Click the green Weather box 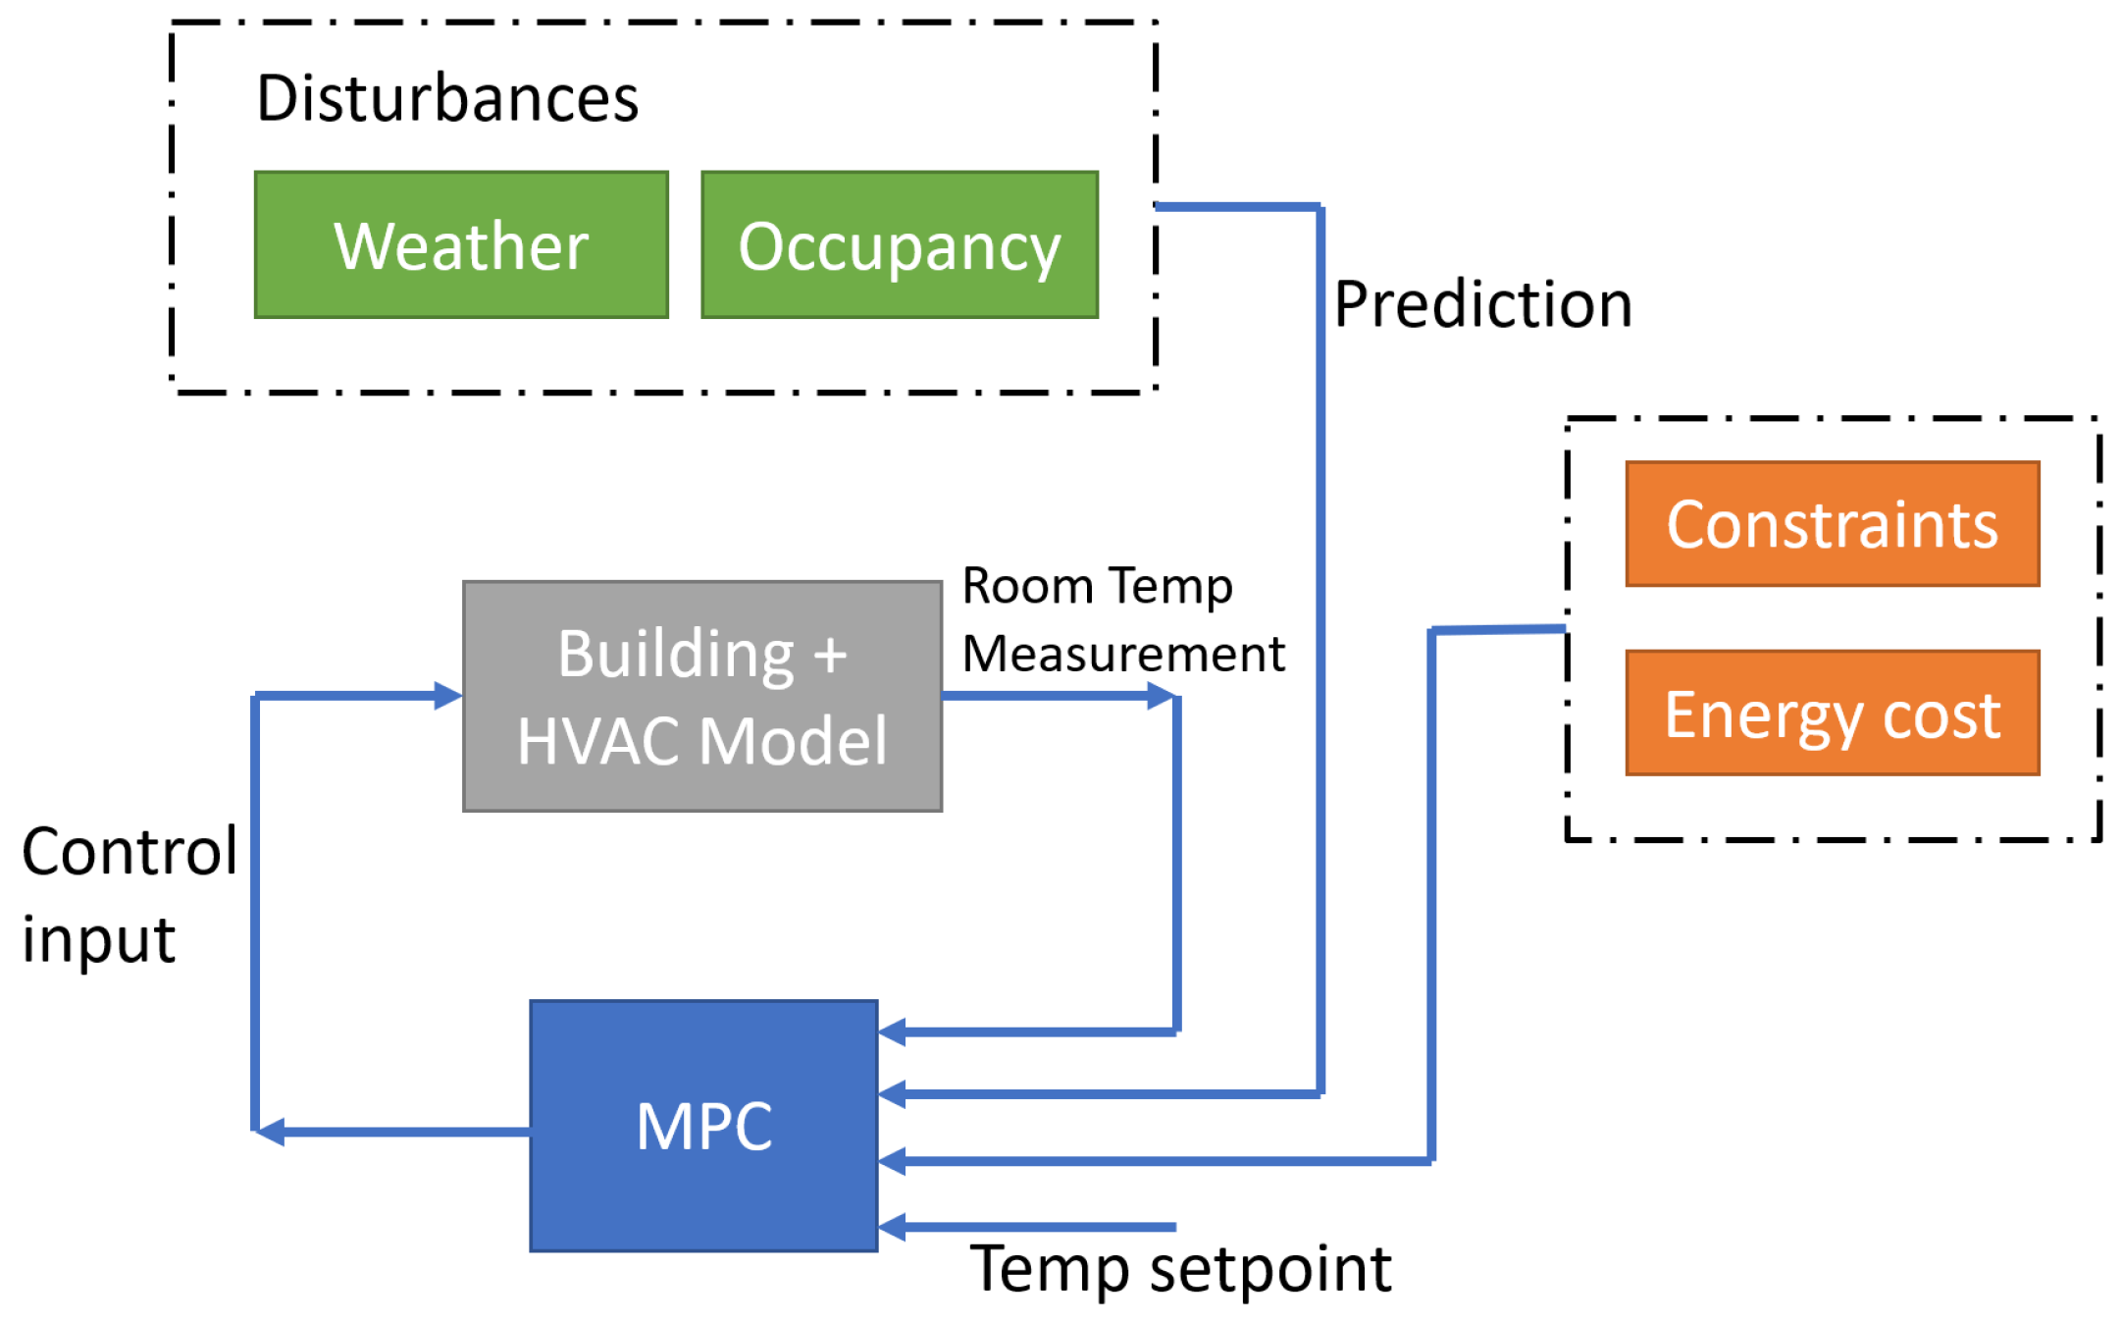click(461, 244)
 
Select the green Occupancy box click(899, 244)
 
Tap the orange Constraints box click(1832, 524)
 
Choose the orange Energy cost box click(1832, 714)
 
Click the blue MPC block click(703, 1126)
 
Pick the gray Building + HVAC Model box click(702, 696)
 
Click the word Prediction click(1482, 304)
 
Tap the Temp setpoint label click(1180, 1269)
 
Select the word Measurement click(1123, 654)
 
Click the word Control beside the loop click(129, 851)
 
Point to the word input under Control click(98, 939)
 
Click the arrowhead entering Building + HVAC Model click(448, 696)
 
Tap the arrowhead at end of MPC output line click(270, 1132)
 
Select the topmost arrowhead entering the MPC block click(892, 1032)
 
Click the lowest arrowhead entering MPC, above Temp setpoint click(892, 1227)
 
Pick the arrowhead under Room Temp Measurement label click(1162, 696)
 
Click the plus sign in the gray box click(830, 656)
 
